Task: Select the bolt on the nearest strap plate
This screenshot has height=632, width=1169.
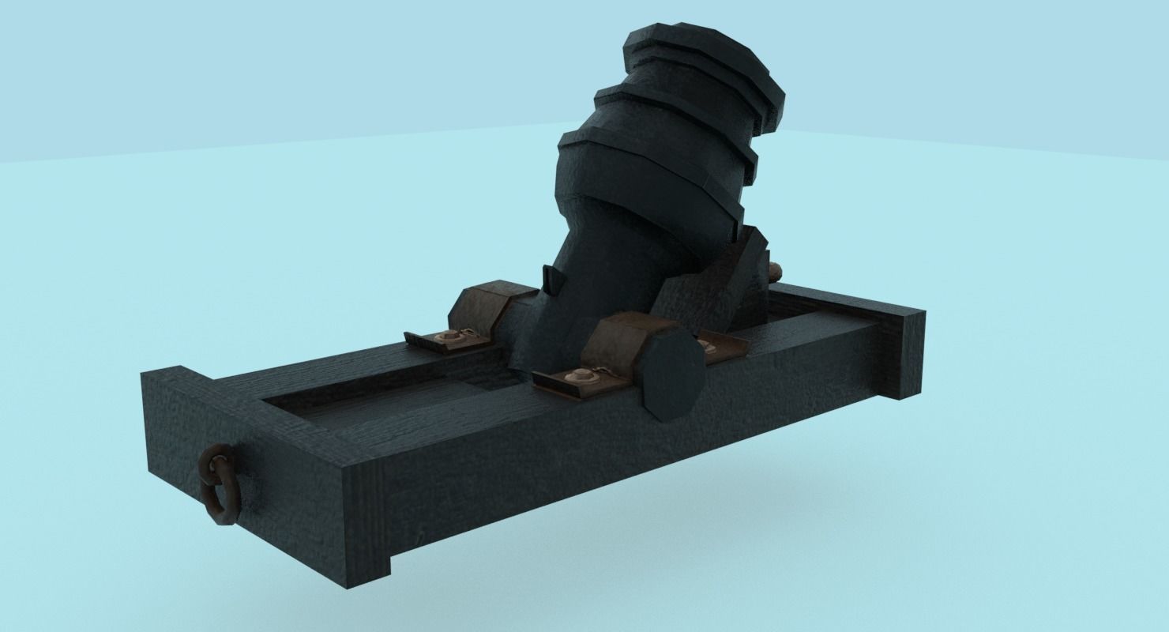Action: click(582, 377)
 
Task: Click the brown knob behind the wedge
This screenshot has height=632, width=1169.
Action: click(776, 273)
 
